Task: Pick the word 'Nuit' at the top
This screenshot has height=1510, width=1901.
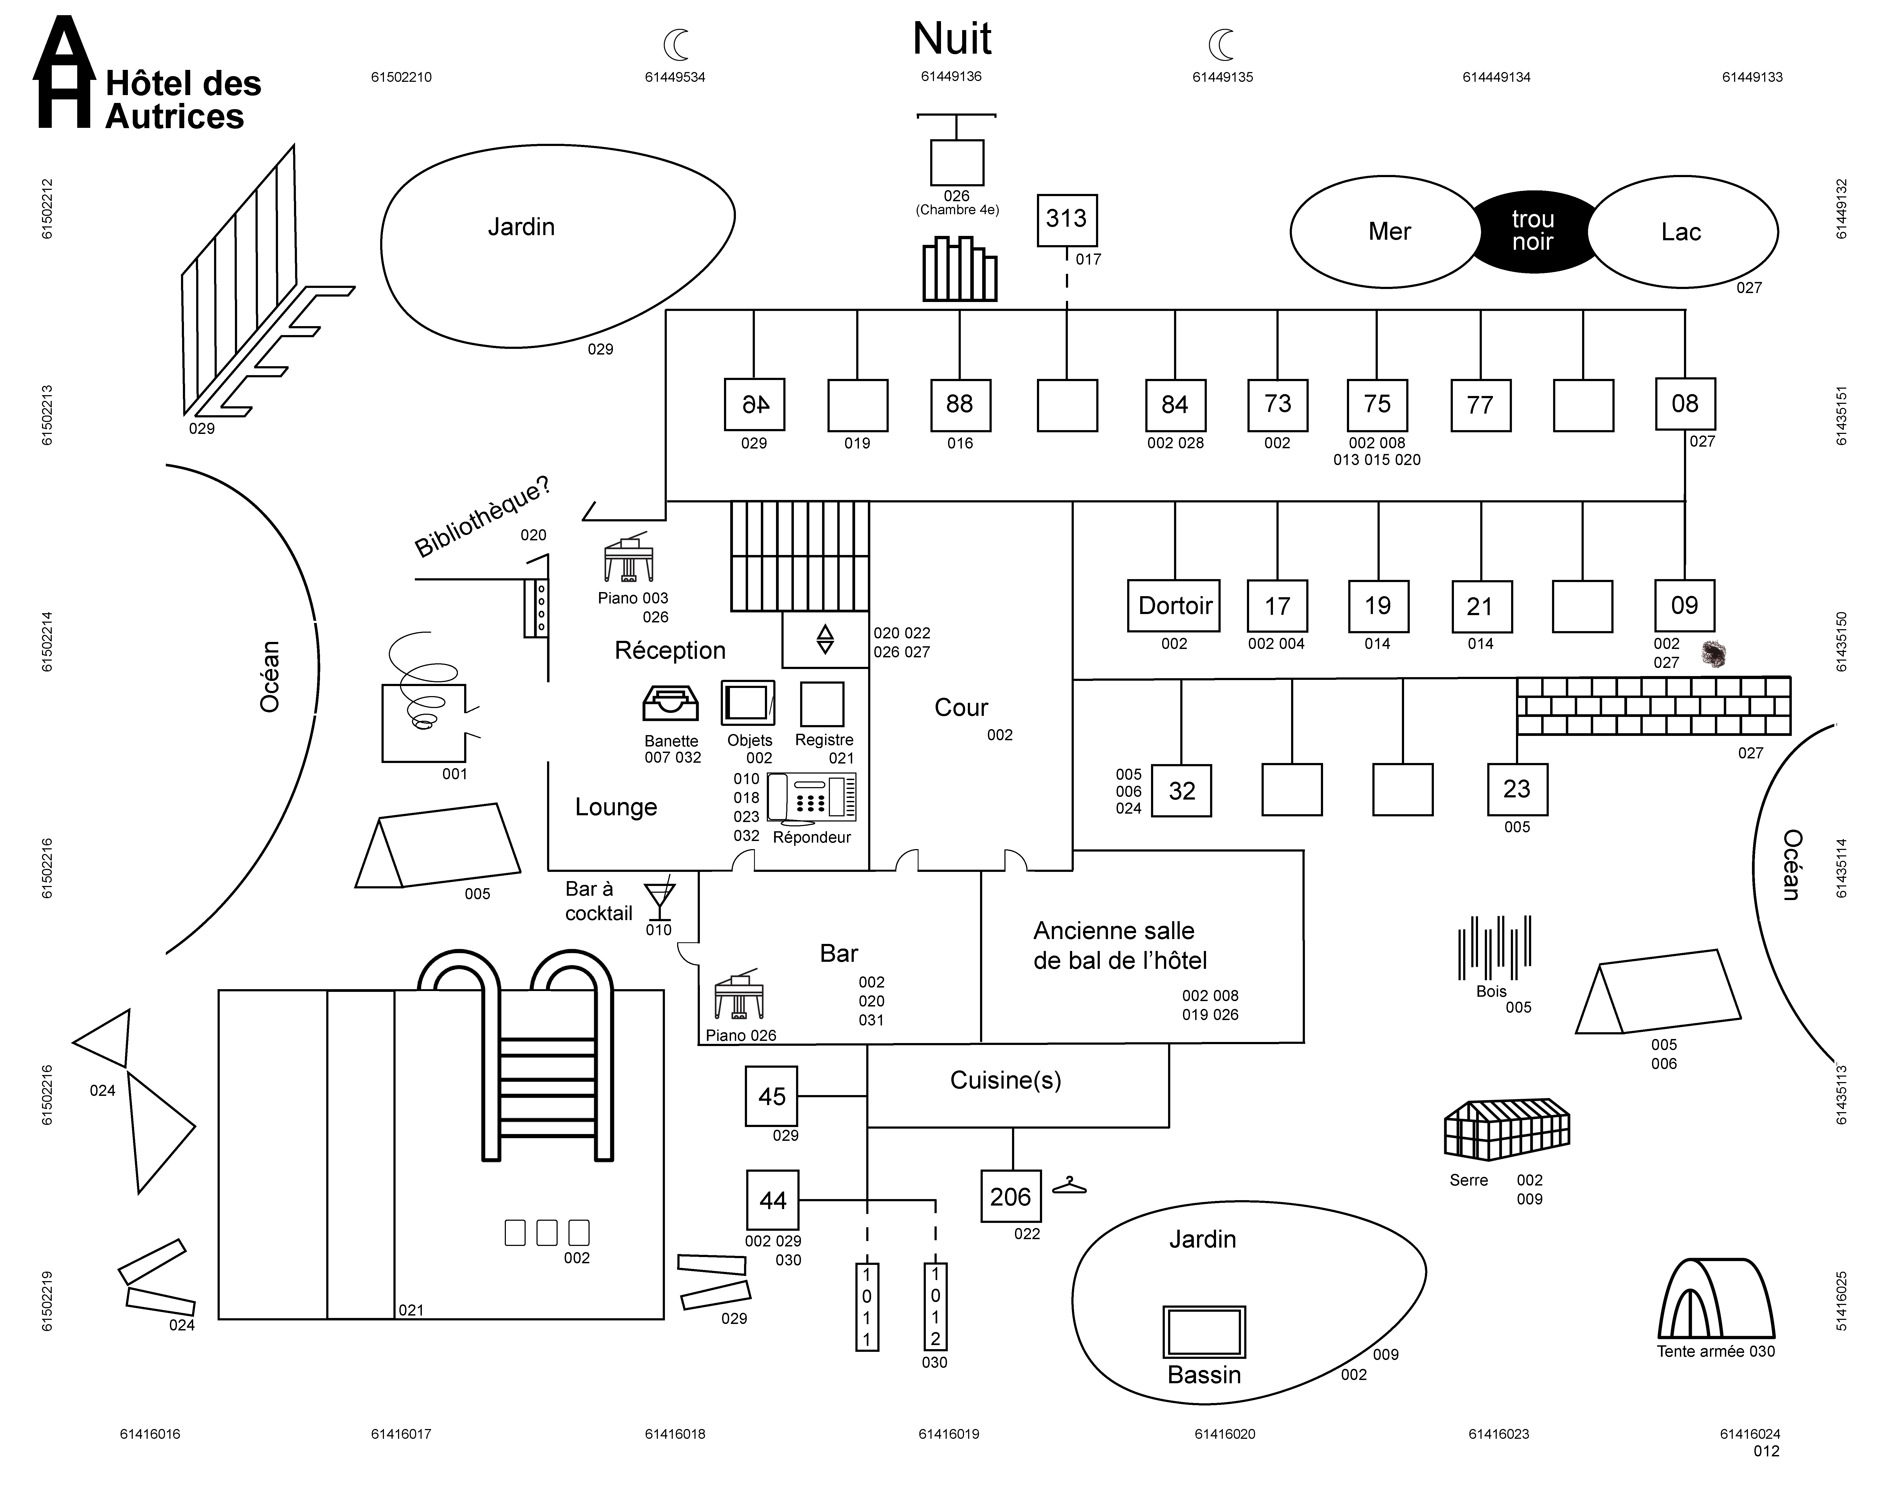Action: tap(952, 39)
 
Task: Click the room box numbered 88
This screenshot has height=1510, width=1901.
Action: tap(960, 405)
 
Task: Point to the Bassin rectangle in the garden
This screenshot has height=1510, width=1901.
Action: tap(1204, 1332)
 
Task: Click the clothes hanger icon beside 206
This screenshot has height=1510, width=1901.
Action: tap(1069, 1186)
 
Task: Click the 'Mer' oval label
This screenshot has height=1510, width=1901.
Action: tap(1390, 232)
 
